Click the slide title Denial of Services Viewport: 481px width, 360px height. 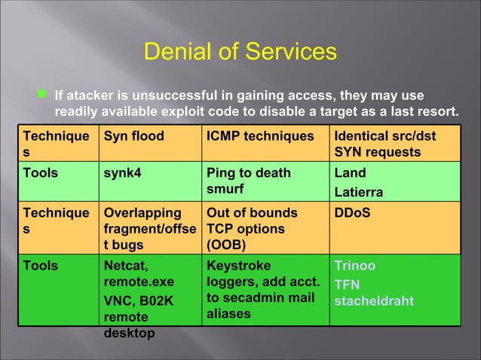tap(240, 53)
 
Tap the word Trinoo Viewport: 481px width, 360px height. tap(354, 267)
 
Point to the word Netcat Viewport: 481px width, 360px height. tap(126, 267)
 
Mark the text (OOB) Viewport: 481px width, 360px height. tap(225, 244)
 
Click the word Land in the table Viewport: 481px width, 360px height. tap(348, 174)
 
